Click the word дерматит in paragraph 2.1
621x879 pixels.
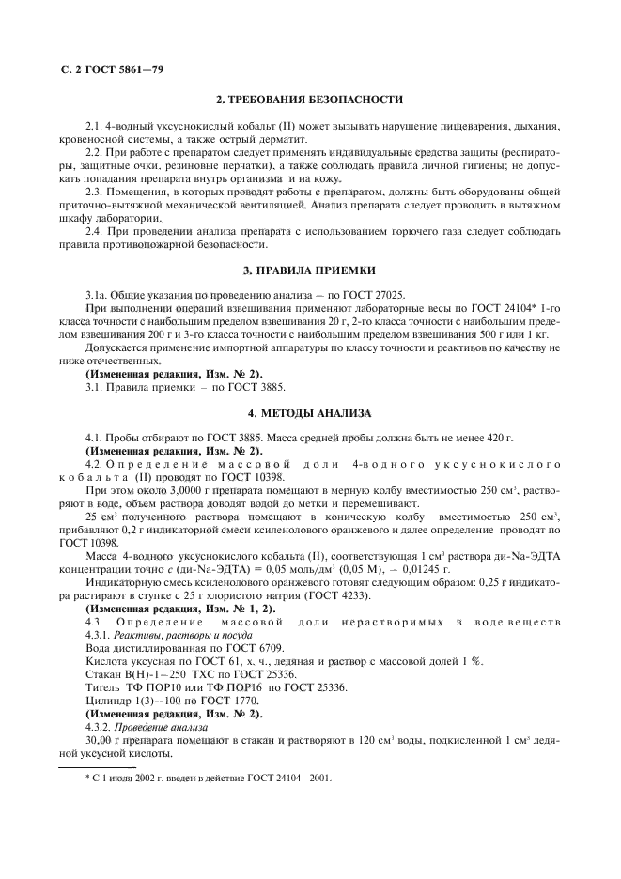click(282, 139)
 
